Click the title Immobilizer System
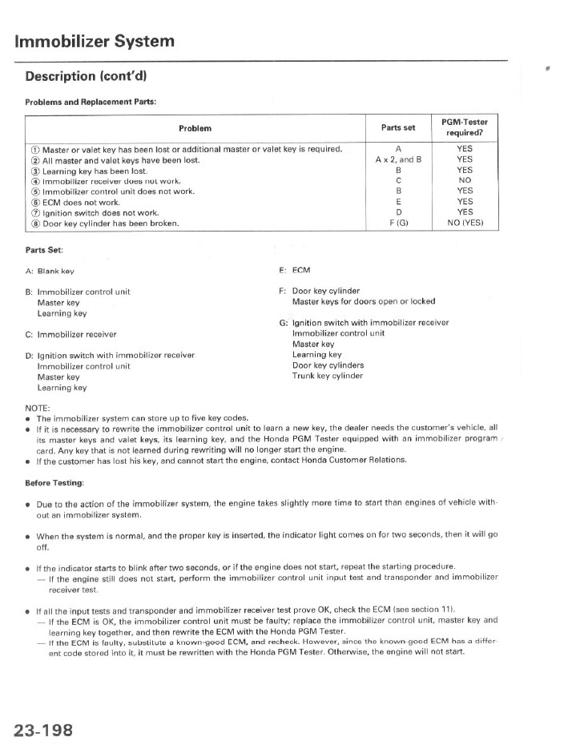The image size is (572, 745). tap(95, 41)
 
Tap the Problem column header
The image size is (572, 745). tap(195, 127)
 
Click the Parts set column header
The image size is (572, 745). tap(398, 127)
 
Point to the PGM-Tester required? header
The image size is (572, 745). tap(465, 127)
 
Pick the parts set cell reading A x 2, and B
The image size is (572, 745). tap(398, 159)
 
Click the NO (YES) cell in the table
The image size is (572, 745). tap(465, 223)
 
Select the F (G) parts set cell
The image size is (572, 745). tap(398, 223)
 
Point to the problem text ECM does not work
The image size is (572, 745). tap(81, 202)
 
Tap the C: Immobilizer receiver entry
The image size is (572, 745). tap(71, 334)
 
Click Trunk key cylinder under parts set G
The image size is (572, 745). tap(328, 376)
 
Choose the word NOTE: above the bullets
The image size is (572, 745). tap(38, 407)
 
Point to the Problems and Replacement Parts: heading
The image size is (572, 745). tap(91, 102)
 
